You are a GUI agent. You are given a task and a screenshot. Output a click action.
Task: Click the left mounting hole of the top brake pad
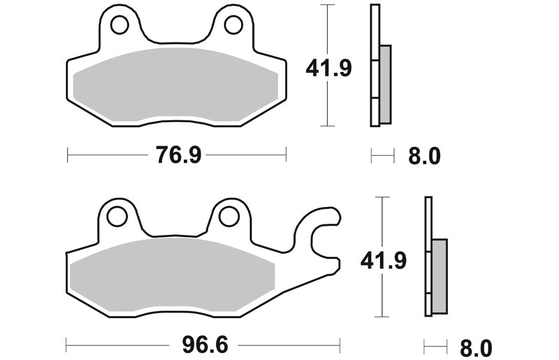pyautogui.click(x=119, y=25)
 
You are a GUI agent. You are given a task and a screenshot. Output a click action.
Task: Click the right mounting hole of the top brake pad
pyautogui.click(x=233, y=25)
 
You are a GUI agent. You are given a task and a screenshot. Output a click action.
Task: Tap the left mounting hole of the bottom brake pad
pyautogui.click(x=117, y=217)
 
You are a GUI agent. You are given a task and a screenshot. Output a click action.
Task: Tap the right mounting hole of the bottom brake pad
pyautogui.click(x=229, y=217)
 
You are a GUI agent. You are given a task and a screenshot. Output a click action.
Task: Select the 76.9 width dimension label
pyautogui.click(x=179, y=155)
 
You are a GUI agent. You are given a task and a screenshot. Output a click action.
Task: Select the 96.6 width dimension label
pyautogui.click(x=205, y=345)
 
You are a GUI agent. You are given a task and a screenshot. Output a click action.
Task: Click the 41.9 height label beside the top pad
pyautogui.click(x=328, y=68)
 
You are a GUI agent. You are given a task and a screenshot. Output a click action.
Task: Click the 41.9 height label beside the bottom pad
pyautogui.click(x=384, y=261)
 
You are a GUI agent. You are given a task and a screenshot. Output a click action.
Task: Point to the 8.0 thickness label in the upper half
pyautogui.click(x=424, y=156)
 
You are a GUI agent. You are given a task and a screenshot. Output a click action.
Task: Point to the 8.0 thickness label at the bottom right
pyautogui.click(x=476, y=348)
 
